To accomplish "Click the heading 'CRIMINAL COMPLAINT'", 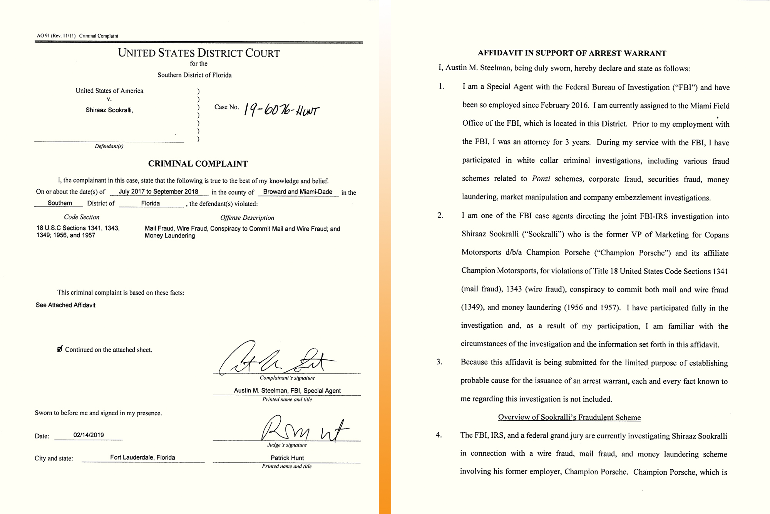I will (x=198, y=164).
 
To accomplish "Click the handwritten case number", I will (x=281, y=111).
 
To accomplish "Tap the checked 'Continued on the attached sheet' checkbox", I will (x=60, y=349).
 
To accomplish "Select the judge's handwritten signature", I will (x=304, y=429).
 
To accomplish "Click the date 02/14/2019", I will (x=89, y=435).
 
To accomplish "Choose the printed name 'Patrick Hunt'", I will (x=287, y=458).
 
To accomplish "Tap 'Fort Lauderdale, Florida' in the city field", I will (x=142, y=457).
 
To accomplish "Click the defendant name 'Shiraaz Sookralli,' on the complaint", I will (x=109, y=110).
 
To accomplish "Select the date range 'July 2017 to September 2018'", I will (x=158, y=192).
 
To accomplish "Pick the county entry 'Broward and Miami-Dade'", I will (x=298, y=192).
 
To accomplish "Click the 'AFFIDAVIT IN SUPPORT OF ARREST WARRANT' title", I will (x=572, y=53).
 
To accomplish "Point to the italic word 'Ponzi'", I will (x=541, y=179).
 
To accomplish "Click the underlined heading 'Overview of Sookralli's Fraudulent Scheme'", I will (x=569, y=417).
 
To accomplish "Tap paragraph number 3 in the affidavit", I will (x=439, y=362).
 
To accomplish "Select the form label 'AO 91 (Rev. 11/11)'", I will (x=56, y=36).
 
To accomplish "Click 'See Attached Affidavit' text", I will (x=65, y=305).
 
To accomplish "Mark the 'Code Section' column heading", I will (x=82, y=217).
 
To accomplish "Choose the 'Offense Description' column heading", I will (x=247, y=217).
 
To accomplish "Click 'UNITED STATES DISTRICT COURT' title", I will (x=199, y=53).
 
